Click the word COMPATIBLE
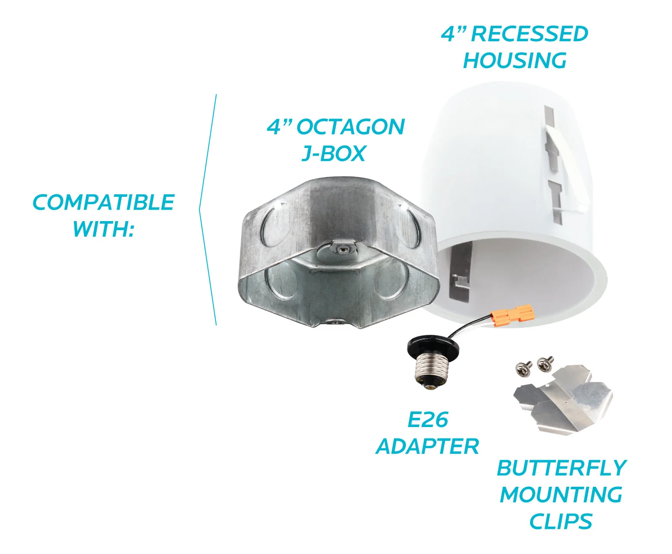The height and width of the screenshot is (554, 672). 103,203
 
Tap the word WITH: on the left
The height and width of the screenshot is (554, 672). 103,229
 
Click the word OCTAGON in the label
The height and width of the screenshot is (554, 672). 350,127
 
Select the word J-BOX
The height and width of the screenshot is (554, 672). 334,154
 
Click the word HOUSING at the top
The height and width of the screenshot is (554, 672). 514,61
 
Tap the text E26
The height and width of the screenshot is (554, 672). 428,419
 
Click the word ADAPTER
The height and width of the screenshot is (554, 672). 428,446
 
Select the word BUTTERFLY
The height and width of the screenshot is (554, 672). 562,468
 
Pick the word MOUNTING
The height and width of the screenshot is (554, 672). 561,495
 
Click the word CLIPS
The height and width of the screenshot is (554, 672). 561,522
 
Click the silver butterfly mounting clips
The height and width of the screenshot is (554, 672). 563,399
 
